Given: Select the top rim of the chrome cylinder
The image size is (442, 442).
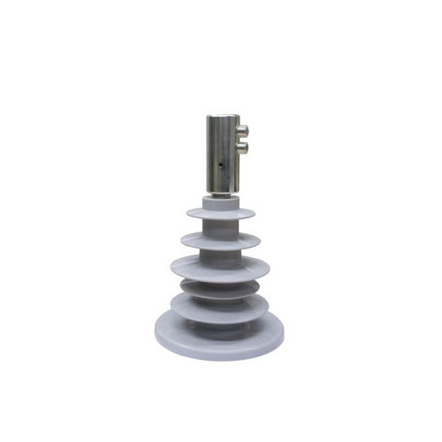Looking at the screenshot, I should pos(223,117).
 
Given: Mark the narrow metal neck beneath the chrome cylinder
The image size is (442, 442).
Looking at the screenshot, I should pos(221,194).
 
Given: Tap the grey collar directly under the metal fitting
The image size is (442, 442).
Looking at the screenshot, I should pos(221,202).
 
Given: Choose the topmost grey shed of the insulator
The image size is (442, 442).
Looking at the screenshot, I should pos(221,215).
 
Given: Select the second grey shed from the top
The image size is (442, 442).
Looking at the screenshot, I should pos(221,240).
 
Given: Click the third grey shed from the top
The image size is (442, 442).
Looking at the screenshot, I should pos(221,264).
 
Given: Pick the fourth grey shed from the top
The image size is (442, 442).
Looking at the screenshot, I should pos(221,288).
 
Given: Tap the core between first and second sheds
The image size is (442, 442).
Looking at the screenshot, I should pos(221,227).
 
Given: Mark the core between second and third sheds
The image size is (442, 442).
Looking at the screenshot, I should pos(221,252).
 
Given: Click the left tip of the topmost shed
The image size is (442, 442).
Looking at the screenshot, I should pos(187,213).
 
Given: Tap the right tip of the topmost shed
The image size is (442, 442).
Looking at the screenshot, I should pos(256,213).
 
